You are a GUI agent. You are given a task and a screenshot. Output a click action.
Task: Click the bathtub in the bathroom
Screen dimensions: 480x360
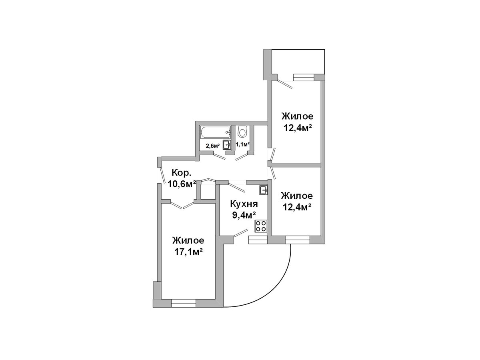(215, 132)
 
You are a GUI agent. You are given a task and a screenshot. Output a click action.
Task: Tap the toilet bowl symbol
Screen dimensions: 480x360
(242, 132)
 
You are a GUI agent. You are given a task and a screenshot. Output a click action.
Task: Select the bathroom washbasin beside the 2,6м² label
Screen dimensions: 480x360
(227, 145)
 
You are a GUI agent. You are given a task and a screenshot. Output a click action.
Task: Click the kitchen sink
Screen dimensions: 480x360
(263, 190)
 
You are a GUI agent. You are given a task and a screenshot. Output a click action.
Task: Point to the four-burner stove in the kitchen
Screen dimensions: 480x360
(261, 226)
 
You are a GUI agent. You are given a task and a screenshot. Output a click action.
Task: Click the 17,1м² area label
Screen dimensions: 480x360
(188, 252)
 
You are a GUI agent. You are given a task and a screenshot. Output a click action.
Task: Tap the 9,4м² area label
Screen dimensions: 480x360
(244, 216)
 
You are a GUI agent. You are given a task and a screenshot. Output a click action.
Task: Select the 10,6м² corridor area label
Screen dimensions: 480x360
(182, 184)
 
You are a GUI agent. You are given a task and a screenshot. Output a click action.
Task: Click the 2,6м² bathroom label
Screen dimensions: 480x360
(212, 146)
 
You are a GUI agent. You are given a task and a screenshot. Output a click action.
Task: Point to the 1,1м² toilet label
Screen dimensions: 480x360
(242, 144)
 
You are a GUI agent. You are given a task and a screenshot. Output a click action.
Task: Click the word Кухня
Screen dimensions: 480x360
(244, 204)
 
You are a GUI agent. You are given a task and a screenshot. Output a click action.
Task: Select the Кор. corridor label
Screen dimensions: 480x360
(181, 173)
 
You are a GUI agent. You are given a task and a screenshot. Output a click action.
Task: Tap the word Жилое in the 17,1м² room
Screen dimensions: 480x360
(188, 240)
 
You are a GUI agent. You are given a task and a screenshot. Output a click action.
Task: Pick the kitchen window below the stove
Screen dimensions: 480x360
(258, 240)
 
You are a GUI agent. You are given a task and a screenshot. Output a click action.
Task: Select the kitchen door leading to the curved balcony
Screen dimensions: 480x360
(240, 233)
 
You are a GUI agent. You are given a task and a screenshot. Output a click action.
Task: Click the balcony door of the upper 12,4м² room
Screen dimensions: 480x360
(284, 84)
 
